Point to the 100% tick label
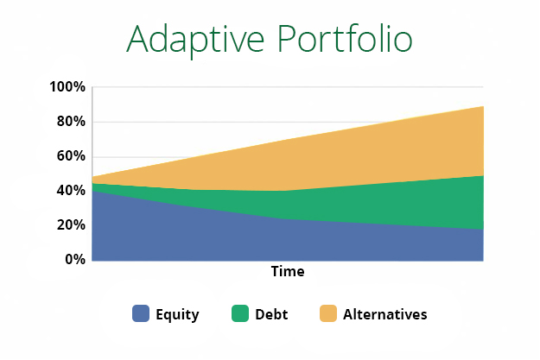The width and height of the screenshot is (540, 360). (x=67, y=87)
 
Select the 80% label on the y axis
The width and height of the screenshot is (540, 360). (x=70, y=122)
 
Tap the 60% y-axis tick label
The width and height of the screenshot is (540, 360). (x=70, y=156)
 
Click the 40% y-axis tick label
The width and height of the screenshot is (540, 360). (x=70, y=191)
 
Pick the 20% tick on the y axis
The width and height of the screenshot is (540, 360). (x=70, y=225)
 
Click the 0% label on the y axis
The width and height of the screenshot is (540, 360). (x=73, y=260)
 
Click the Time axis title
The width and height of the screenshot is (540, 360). (x=288, y=272)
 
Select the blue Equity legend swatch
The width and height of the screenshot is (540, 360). (x=141, y=314)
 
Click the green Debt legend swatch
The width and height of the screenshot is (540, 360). (x=239, y=314)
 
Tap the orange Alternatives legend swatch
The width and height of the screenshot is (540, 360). (x=328, y=314)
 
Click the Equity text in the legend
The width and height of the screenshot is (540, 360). (x=177, y=315)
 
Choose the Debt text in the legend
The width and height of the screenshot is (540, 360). (x=271, y=315)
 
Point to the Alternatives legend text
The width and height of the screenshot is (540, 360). (x=384, y=315)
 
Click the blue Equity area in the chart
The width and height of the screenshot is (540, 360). (x=216, y=237)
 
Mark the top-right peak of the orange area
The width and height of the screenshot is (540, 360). (x=482, y=107)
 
